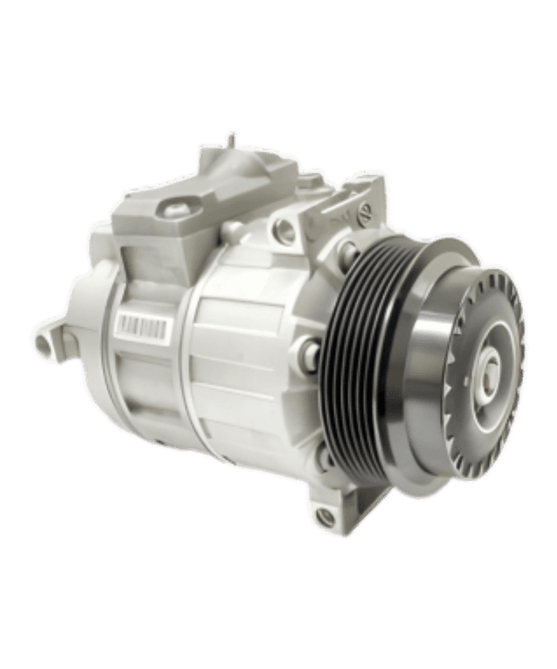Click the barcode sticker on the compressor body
141,325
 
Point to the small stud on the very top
232,140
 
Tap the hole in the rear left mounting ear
43,342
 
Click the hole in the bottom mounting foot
325,516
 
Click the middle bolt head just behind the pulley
306,352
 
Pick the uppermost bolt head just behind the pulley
346,253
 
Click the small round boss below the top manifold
232,231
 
